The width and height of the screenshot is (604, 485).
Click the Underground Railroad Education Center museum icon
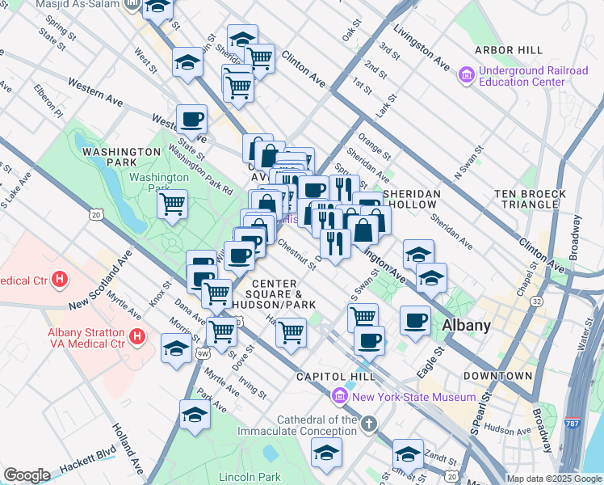466,77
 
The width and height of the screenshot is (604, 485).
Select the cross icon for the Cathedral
368,424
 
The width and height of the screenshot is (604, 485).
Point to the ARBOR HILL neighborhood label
509,50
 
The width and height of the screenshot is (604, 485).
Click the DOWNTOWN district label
497,376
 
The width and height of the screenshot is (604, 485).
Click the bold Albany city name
466,326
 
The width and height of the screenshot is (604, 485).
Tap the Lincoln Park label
250,477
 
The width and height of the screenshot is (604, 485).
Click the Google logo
27,475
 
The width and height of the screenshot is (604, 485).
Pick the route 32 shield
536,301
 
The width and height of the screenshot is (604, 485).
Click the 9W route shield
203,353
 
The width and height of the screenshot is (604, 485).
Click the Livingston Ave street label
421,45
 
